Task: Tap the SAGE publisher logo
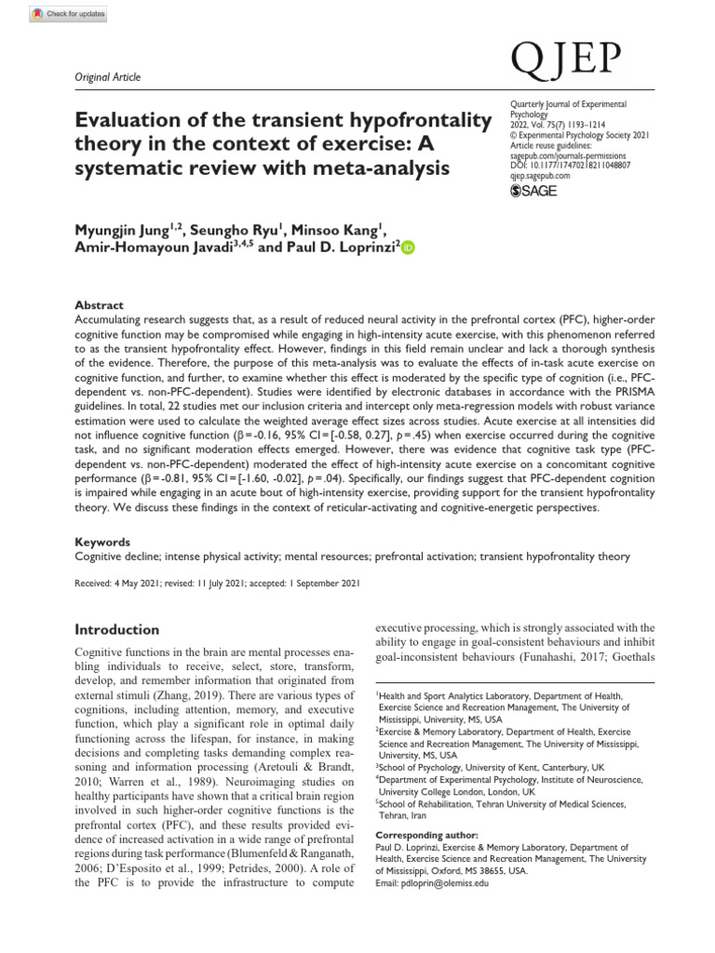tap(537, 190)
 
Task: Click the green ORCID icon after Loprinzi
tap(409, 247)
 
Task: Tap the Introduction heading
tap(116, 629)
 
